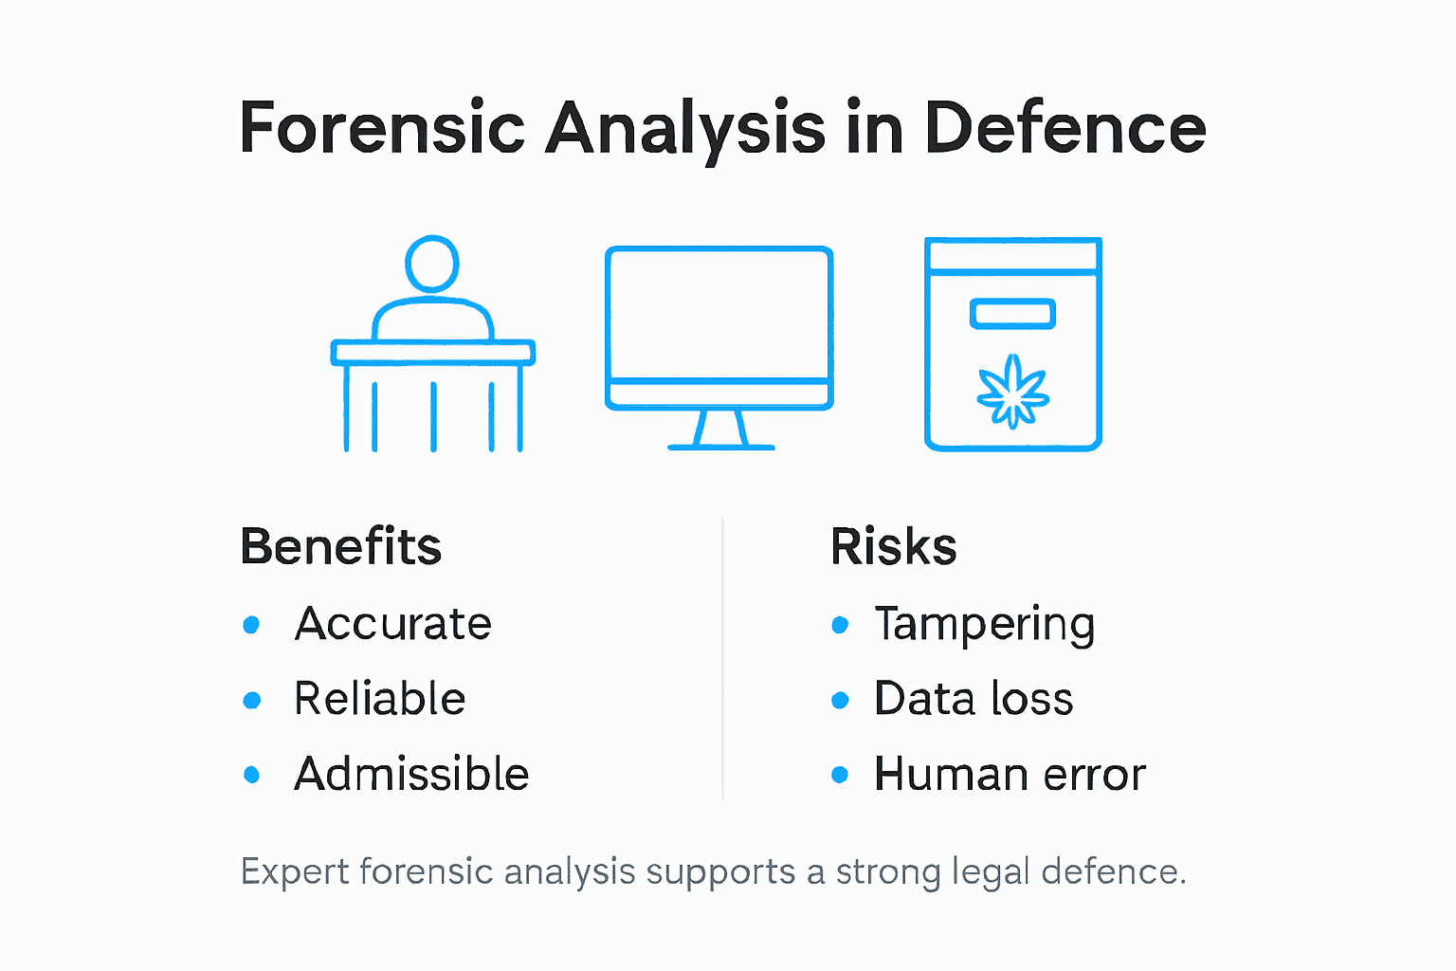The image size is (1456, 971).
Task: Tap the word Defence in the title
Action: [1065, 128]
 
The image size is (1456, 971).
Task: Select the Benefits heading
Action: [341, 547]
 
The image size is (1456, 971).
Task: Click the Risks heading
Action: [893, 547]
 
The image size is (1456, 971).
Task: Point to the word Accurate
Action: [392, 624]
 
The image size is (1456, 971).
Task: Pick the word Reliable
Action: [379, 699]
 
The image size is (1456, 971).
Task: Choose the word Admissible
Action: [411, 774]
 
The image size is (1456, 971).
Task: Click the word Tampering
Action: [984, 624]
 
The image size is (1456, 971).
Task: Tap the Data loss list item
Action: [974, 699]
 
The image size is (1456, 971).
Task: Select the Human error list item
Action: [1010, 774]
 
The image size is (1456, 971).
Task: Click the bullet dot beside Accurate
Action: [251, 624]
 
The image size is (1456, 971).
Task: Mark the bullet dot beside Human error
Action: [840, 775]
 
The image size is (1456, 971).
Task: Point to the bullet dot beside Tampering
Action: [840, 624]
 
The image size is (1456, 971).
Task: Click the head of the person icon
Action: [432, 263]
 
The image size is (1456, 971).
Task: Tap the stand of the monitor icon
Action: [720, 431]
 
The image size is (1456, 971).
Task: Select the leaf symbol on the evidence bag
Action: [1012, 392]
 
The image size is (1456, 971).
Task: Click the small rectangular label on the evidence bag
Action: [1012, 314]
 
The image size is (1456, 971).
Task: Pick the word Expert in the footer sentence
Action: [294, 872]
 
